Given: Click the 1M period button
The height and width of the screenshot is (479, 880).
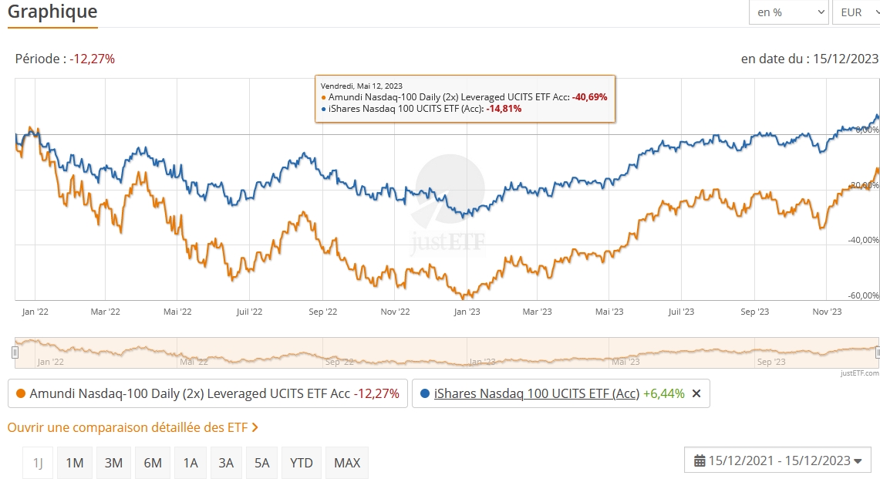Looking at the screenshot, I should click(74, 463).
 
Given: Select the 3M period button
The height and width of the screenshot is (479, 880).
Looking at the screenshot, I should click(113, 463).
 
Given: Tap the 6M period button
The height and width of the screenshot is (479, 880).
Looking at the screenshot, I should click(153, 463).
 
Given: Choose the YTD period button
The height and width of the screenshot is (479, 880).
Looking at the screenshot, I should click(302, 463).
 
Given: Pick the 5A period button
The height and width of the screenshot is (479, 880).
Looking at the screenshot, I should click(262, 463).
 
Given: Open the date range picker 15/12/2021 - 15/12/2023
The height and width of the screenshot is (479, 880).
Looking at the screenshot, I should click(777, 460).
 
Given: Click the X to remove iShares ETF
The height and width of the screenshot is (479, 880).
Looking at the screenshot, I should click(696, 393).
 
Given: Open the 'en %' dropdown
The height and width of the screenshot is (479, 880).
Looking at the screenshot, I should click(788, 12).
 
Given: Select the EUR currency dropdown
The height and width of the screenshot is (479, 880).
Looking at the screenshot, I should click(855, 12).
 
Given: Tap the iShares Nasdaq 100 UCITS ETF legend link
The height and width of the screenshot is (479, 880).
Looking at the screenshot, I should click(537, 393).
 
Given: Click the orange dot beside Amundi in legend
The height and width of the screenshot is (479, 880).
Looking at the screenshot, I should click(21, 393).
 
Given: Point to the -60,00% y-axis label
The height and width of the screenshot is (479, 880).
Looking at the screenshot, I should click(863, 295).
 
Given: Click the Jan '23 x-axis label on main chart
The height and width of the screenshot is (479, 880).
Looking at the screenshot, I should click(467, 312).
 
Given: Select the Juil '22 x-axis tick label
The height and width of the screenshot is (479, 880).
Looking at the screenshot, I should click(249, 312).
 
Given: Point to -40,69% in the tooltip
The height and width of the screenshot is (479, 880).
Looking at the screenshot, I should click(590, 97).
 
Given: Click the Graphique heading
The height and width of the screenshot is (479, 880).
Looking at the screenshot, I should click(52, 12).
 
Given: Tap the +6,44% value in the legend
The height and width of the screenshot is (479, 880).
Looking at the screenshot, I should click(664, 393).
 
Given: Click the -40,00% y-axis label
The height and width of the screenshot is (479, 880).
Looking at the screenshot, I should click(863, 240).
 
